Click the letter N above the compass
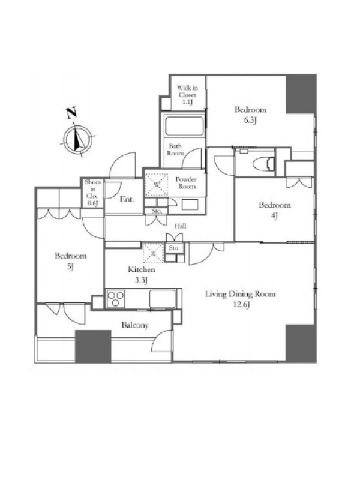[x=71, y=113]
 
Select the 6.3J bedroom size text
[x=250, y=120]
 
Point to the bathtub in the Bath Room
[x=184, y=125]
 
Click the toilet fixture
[x=264, y=164]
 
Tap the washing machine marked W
[x=156, y=185]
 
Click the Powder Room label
[x=186, y=183]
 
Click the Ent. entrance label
[x=127, y=199]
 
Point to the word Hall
[x=181, y=226]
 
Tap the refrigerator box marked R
[x=154, y=253]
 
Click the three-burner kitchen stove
[x=116, y=298]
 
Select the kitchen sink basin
[x=163, y=298]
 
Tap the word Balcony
[x=135, y=325]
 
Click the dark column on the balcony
[x=93, y=347]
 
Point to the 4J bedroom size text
[x=274, y=216]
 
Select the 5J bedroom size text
[x=70, y=267]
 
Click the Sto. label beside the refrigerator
[x=174, y=248]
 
